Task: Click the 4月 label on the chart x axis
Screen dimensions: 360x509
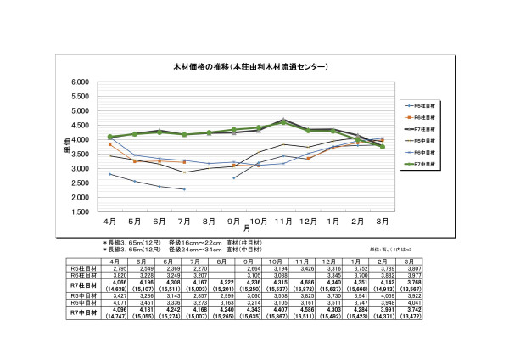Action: coord(110,222)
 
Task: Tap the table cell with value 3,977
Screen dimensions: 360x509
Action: coord(409,276)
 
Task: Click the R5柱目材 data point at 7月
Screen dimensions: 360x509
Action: coord(184,189)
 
